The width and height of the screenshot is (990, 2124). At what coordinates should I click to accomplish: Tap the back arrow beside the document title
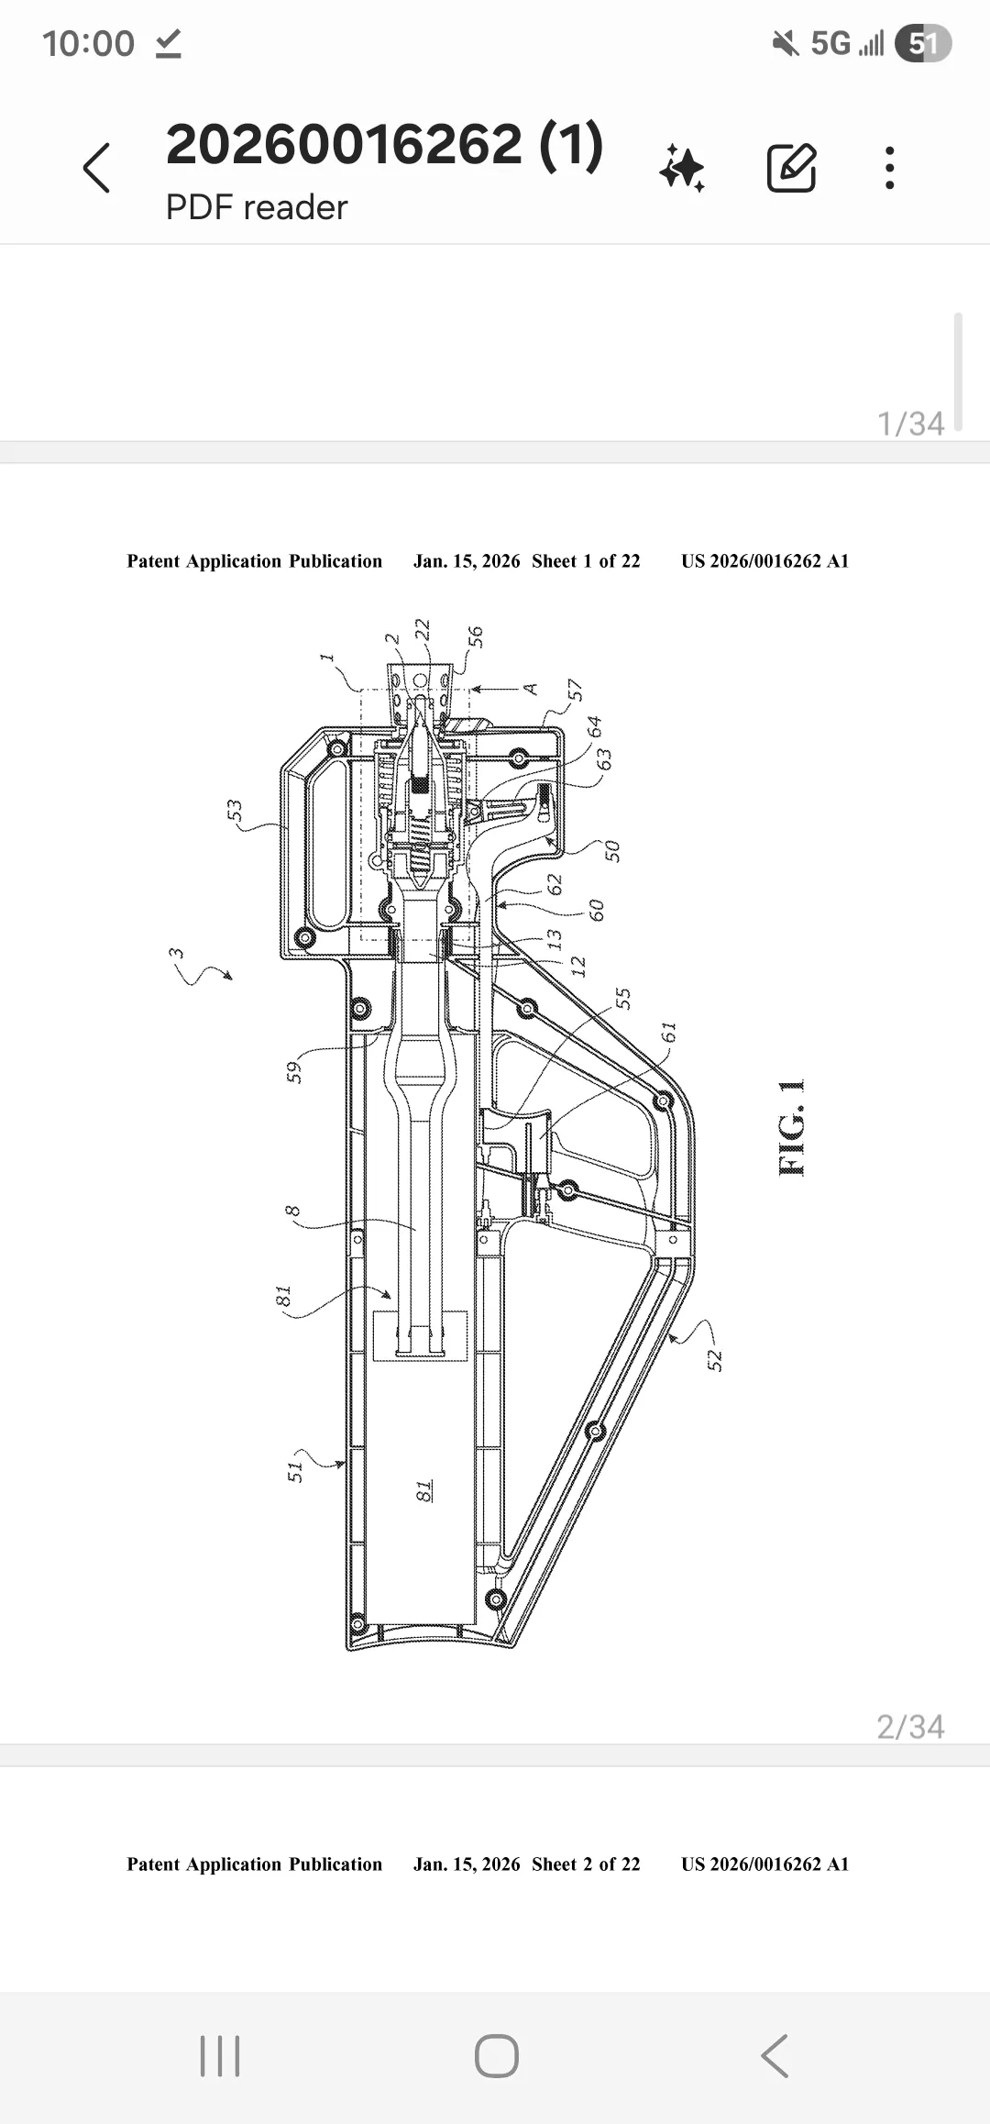click(96, 168)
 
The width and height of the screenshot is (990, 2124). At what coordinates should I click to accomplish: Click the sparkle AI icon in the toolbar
click(682, 168)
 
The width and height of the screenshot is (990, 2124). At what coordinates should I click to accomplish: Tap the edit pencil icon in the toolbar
click(791, 167)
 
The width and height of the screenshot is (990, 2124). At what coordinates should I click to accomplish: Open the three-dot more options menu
click(889, 168)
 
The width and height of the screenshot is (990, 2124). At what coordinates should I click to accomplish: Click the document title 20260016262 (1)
click(384, 145)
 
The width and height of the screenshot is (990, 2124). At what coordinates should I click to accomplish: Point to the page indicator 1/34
click(910, 424)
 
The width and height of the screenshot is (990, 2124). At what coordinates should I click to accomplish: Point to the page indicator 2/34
click(910, 1727)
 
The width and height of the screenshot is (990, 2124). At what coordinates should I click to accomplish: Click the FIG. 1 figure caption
click(791, 1127)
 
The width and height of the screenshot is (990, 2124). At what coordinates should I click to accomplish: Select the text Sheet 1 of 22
click(586, 561)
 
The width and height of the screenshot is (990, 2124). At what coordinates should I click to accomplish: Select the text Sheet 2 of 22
click(586, 1864)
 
